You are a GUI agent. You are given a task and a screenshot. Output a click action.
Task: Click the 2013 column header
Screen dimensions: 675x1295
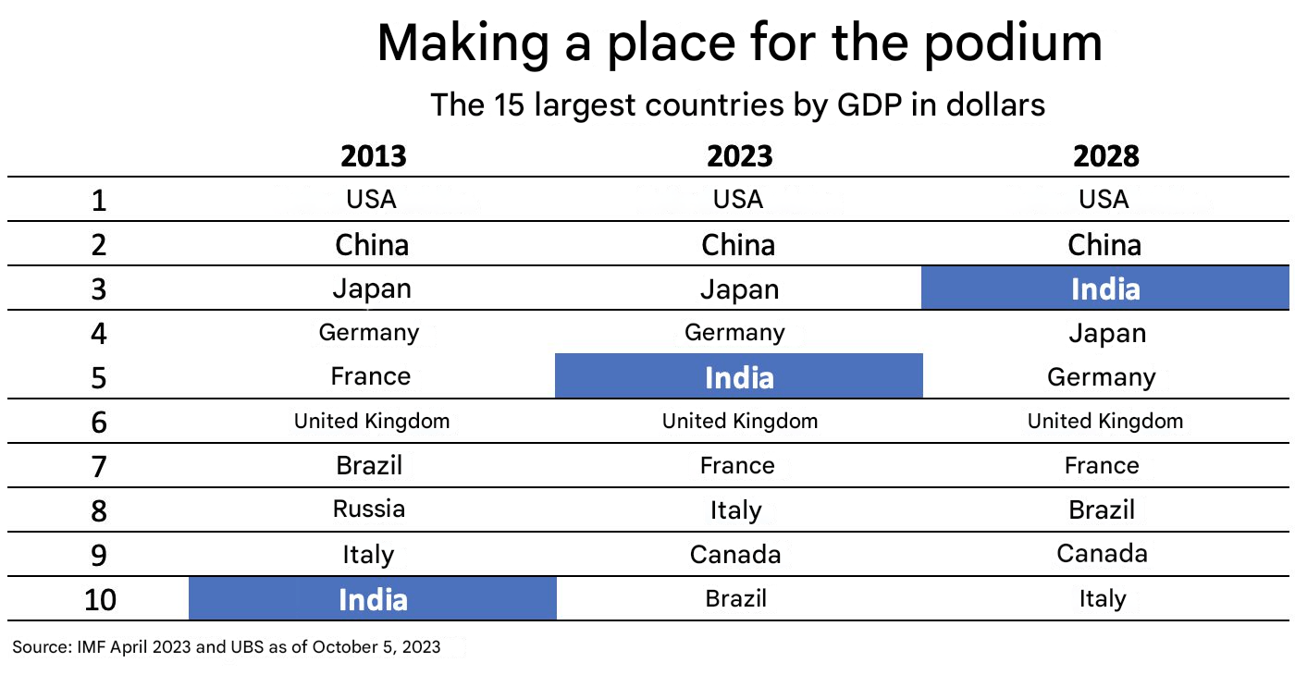[373, 156]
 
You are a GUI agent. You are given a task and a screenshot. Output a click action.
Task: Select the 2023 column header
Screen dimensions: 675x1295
[739, 156]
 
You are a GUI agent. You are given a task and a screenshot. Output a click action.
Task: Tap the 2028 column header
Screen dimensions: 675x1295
[1105, 156]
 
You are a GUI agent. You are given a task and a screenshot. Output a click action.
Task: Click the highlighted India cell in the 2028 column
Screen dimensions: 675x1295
[1105, 289]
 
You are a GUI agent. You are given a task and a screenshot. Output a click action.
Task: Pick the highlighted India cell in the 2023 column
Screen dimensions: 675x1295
[739, 377]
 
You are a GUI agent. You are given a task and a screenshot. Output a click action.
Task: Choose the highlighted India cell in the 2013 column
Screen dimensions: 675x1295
[373, 599]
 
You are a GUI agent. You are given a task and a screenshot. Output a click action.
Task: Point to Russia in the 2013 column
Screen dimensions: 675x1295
[369, 509]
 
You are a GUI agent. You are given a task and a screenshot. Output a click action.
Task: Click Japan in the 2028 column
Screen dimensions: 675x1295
[1106, 333]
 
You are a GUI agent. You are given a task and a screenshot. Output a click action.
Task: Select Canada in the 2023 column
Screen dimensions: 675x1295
[735, 554]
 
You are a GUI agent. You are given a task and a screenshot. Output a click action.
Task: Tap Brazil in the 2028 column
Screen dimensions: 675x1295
[1102, 509]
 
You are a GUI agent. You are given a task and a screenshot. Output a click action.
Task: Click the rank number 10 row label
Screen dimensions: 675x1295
[100, 600]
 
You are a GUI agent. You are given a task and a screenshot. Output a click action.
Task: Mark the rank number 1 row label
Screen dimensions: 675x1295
[100, 201]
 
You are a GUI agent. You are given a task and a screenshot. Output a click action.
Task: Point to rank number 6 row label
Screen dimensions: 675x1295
[100, 423]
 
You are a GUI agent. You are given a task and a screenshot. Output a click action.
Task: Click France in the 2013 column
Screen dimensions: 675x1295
[370, 376]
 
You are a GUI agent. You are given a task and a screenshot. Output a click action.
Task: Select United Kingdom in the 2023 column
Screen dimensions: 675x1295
[740, 422]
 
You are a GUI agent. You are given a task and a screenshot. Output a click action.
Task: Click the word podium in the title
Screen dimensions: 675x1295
[1013, 43]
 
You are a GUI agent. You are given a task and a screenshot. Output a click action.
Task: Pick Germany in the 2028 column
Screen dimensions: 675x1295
[1101, 377]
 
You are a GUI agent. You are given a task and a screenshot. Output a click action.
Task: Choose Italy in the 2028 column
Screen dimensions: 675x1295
[1102, 599]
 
